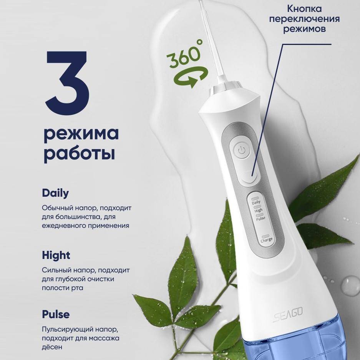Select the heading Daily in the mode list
(x=55, y=193)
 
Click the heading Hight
(x=56, y=255)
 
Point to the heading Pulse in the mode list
(x=56, y=314)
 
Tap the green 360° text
(x=185, y=54)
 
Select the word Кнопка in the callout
(x=304, y=9)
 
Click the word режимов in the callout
(x=304, y=29)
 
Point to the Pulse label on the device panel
(x=260, y=218)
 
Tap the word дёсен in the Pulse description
(x=52, y=347)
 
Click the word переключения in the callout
(x=304, y=19)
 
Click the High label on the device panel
(x=258, y=210)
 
